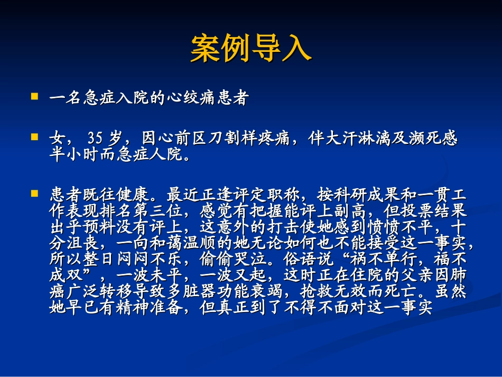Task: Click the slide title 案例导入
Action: point(250,49)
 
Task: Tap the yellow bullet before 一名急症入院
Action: point(35,97)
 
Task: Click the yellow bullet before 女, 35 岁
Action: point(35,137)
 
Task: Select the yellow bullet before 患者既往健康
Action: point(35,193)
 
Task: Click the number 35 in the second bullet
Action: point(95,139)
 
